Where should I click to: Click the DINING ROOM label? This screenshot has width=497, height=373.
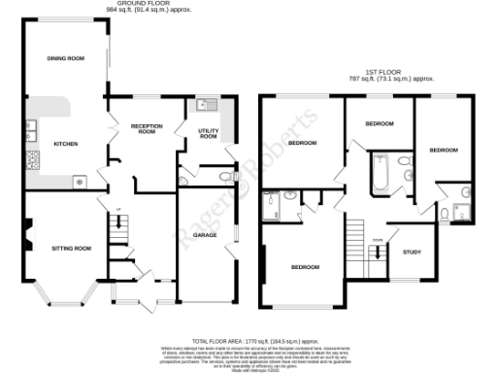[x=66, y=59]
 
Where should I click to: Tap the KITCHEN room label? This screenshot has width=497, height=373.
[x=66, y=145]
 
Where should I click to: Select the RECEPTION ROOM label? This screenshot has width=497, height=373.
[x=144, y=129]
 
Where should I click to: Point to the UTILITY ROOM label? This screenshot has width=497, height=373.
[x=208, y=134]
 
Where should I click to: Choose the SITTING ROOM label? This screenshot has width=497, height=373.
[x=70, y=249]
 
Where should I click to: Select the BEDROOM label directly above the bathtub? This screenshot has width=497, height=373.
[x=380, y=124]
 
